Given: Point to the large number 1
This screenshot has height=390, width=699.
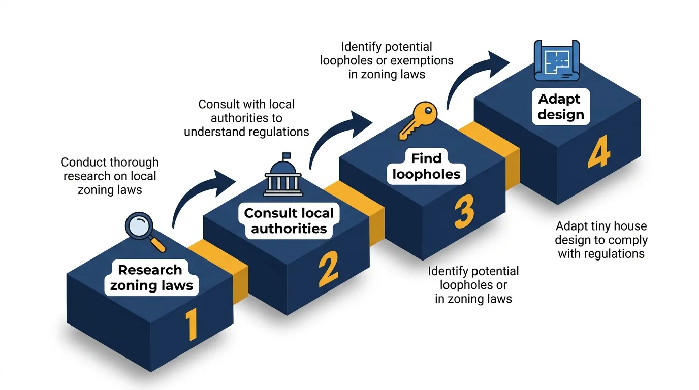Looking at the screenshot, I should [190, 325].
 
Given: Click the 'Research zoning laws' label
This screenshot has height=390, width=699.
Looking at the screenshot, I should [151, 277].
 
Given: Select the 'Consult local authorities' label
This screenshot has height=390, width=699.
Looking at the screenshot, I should [289, 220].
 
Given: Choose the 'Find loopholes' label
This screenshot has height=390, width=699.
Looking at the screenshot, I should [426, 166].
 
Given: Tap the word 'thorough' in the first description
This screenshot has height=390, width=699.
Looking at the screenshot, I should [135, 162].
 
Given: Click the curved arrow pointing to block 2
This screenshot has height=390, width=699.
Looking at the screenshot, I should [198, 196].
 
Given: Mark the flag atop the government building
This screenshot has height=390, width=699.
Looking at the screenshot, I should [287, 155].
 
